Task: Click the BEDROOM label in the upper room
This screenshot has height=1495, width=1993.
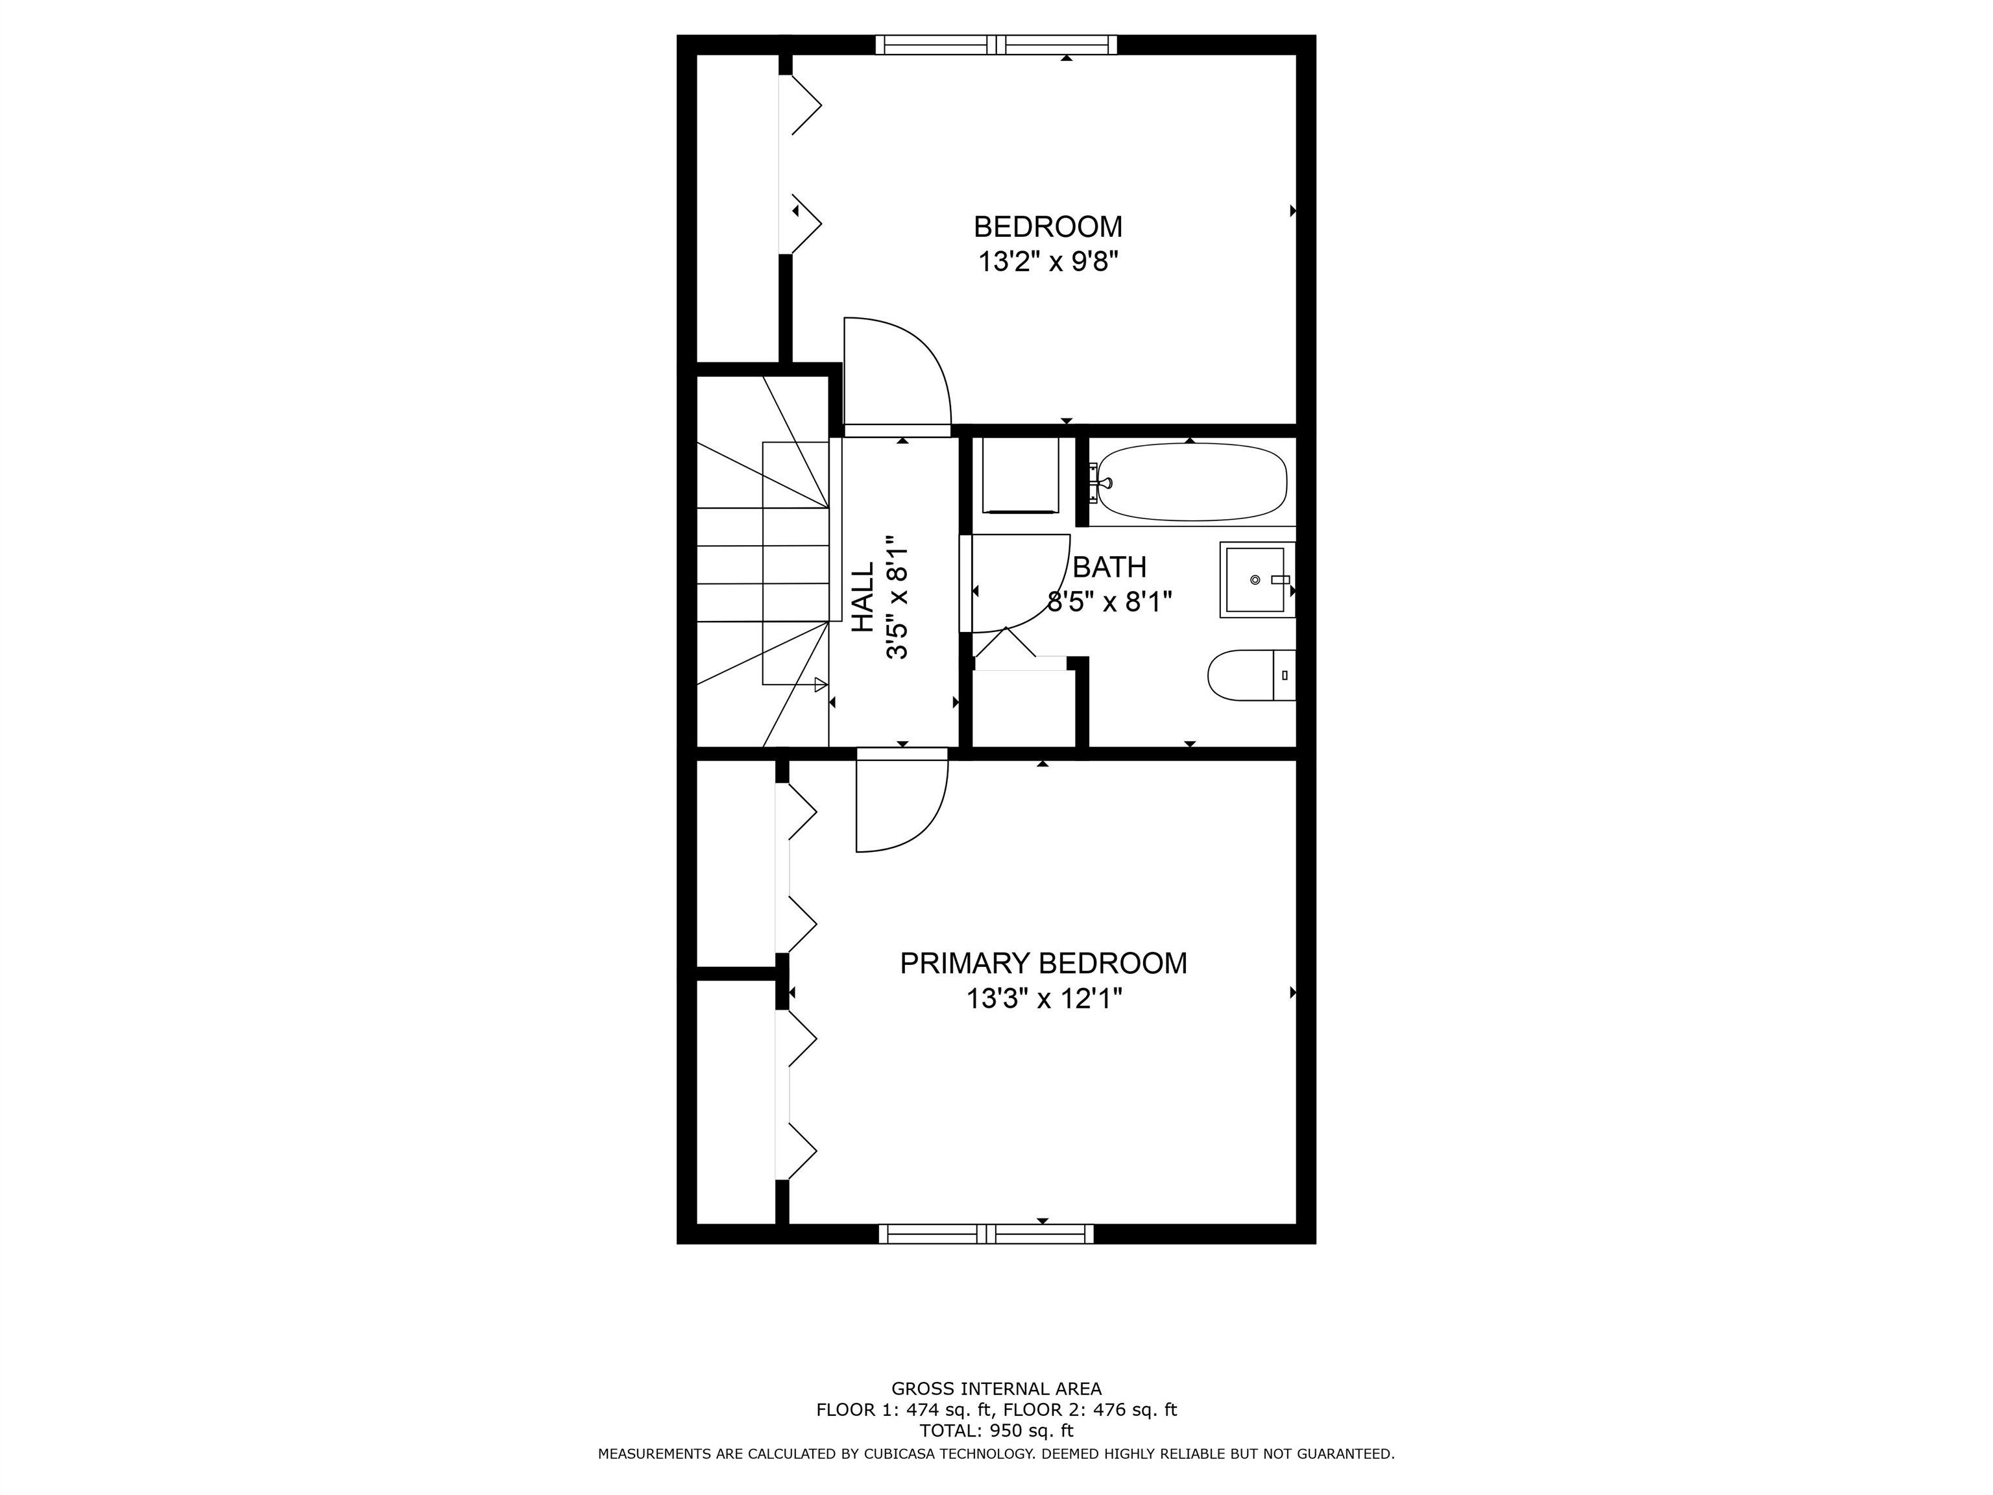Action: coord(1047,226)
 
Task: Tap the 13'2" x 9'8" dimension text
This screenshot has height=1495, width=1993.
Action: coord(1047,262)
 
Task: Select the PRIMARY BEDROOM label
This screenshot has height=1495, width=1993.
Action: coord(1043,964)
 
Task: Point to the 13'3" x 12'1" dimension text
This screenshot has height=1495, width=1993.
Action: coord(1043,999)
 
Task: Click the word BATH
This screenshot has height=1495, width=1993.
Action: coord(1109,567)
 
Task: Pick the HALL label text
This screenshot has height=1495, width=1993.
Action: coord(863,598)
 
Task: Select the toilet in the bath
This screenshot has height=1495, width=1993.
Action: coord(1248,675)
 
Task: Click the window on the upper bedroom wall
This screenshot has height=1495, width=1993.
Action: coord(996,45)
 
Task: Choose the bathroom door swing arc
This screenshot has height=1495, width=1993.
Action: coord(1036,595)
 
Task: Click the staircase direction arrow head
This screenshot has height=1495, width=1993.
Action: coord(820,685)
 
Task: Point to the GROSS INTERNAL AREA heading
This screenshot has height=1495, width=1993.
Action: coord(996,1389)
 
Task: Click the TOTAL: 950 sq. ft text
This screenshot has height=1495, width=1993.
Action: coord(996,1430)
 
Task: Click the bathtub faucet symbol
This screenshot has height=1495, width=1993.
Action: coord(1099,483)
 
